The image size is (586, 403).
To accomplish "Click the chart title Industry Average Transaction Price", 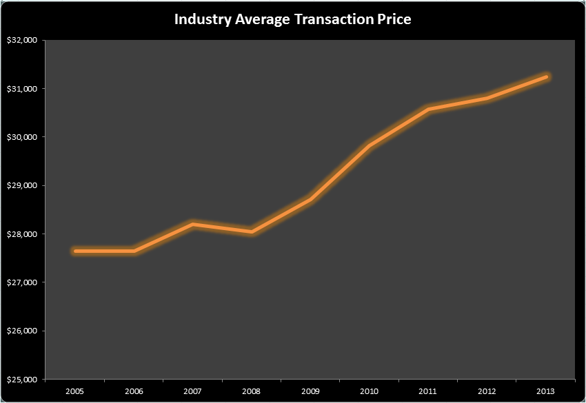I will (x=292, y=19).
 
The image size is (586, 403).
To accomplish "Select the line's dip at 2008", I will (x=251, y=232).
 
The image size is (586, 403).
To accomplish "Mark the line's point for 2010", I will (x=369, y=145).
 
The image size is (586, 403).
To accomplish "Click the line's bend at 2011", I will (x=427, y=110).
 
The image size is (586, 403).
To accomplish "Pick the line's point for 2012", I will (x=487, y=99).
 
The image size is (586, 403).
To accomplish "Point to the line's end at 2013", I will (x=545, y=77).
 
